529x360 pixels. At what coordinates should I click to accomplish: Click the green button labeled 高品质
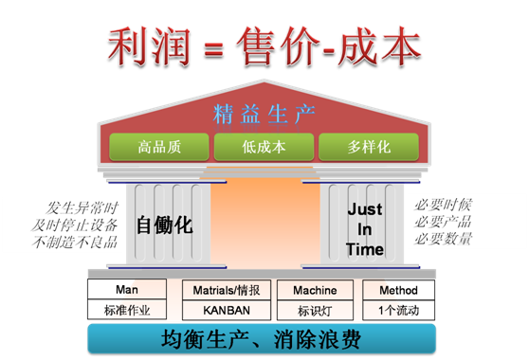(159, 147)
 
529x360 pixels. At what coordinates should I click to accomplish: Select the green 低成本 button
(264, 147)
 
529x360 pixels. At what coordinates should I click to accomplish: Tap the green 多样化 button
(368, 147)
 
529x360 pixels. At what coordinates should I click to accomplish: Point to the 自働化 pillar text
(164, 225)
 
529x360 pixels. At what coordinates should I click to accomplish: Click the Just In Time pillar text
(365, 228)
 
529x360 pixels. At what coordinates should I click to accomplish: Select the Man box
(126, 290)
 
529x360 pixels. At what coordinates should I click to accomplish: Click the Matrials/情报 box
(225, 290)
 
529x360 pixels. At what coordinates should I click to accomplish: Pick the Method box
(399, 290)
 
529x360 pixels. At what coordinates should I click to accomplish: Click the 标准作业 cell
(126, 310)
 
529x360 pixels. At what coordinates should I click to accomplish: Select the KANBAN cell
(225, 310)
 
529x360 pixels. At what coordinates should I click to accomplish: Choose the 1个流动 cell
(399, 310)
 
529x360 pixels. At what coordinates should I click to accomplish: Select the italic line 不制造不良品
(76, 243)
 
